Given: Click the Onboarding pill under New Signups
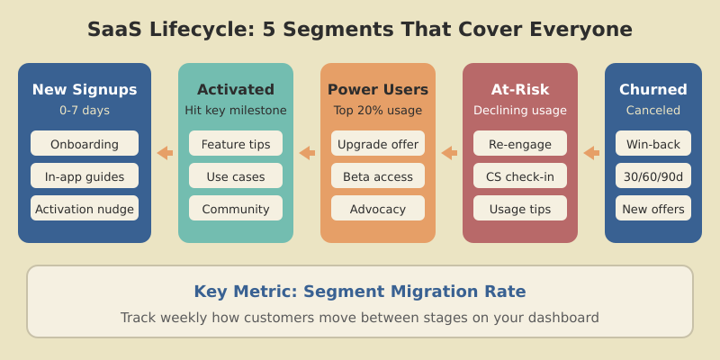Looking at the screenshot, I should coord(85,144).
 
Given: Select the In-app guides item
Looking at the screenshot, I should coord(85,176).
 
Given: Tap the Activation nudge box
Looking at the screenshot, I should coord(85,209).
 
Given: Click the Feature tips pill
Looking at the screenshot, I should coord(236,144).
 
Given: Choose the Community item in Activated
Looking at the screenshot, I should coord(236,209).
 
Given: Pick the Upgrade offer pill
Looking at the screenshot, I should coord(378,144).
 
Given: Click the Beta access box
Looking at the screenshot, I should coord(378,176).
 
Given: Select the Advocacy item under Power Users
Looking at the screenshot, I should coord(378,209).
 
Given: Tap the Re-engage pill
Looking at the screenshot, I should coord(520,144).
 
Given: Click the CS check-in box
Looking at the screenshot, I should coord(520,176).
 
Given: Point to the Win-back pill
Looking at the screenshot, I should coord(653,144).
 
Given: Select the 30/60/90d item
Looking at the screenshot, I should coord(653,176).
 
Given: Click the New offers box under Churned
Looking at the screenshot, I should coord(653,209).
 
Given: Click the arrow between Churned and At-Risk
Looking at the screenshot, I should coord(591,153).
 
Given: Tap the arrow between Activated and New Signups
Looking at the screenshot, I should coord(165,153).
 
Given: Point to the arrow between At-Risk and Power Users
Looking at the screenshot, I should coord(449,153).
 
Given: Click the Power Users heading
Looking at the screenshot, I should coord(378,90).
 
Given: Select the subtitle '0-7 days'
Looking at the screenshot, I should coord(85,111).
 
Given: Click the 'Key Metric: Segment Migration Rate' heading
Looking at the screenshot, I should coord(360,292).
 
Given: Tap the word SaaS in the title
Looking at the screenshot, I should coord(112,30).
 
